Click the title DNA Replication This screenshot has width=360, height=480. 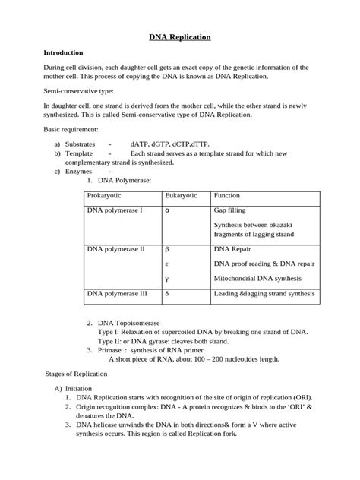pos(179,36)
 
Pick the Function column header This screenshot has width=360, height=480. pos(227,196)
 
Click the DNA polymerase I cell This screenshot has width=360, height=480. pos(115,210)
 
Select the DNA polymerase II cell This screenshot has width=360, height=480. pos(115,249)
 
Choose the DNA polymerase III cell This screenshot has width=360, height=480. pos(117,292)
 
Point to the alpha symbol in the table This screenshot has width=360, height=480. pos(167,210)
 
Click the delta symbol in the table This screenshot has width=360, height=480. pos(166,293)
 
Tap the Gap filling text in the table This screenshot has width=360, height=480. pos(229,210)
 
